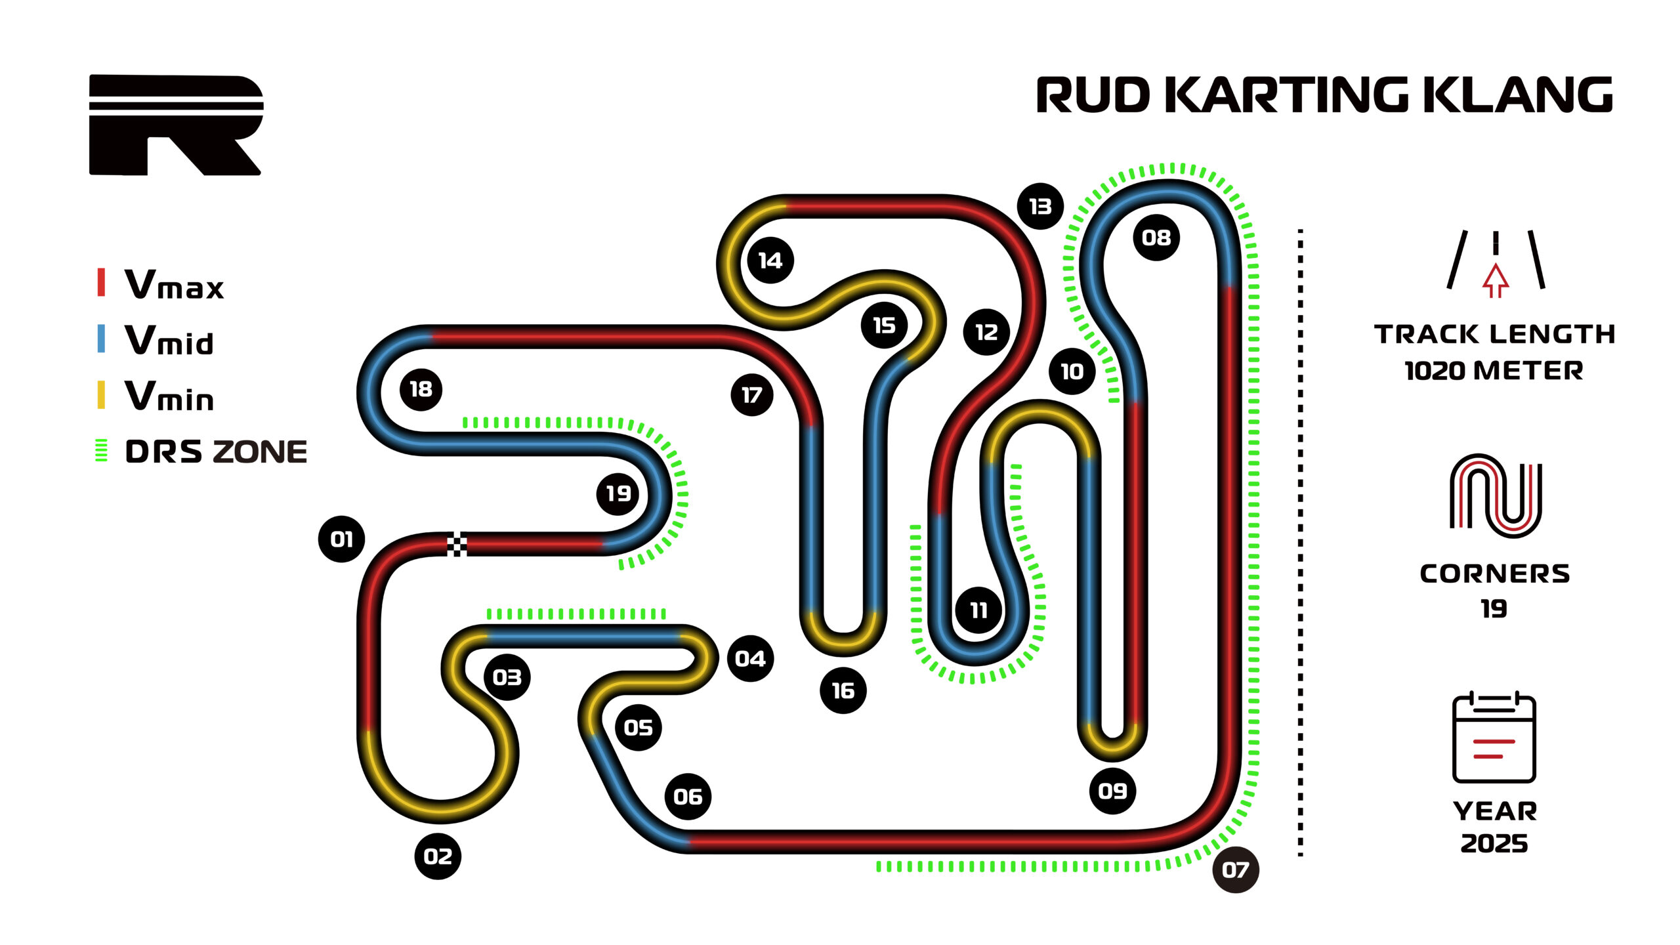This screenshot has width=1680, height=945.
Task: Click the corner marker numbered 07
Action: tap(1235, 870)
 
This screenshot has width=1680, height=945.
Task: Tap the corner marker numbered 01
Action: tap(341, 539)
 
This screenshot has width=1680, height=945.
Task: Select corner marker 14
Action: tap(770, 261)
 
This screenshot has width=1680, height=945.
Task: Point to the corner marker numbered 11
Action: tap(978, 610)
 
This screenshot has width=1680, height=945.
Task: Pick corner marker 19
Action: tap(618, 493)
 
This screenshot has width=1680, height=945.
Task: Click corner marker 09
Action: tap(1112, 791)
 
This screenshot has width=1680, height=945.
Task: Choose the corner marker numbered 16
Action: tap(843, 690)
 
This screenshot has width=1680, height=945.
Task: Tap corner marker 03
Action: tap(507, 677)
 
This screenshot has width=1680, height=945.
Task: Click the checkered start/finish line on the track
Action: tap(457, 545)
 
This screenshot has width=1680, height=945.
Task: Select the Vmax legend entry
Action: tap(174, 285)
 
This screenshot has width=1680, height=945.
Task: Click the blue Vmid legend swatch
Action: tap(101, 339)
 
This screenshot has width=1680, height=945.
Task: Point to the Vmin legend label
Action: tap(169, 396)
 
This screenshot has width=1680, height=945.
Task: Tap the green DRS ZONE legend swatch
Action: tap(101, 451)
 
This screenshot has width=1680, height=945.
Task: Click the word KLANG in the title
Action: tap(1517, 95)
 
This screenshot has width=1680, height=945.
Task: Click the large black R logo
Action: tap(176, 125)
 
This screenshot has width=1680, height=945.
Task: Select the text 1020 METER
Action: tap(1494, 371)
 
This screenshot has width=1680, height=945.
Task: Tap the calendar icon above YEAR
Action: tap(1494, 738)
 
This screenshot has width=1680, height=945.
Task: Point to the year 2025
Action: tap(1494, 843)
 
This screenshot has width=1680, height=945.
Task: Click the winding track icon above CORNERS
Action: tap(1495, 495)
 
